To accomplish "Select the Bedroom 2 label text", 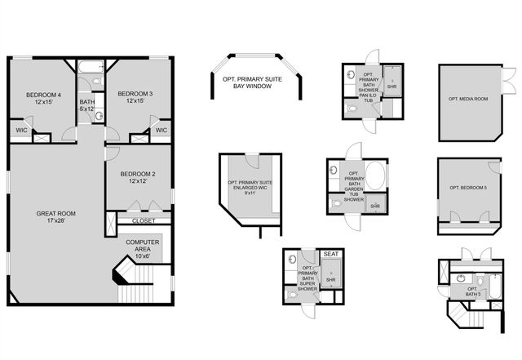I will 137,176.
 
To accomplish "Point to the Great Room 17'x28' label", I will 55,218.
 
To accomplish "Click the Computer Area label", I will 142,247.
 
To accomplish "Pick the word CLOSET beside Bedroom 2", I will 142,220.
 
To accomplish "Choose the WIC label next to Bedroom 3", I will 161,130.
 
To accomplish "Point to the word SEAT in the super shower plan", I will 331,255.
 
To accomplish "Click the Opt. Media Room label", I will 469,99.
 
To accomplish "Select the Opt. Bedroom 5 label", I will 469,189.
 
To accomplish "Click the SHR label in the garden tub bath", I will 375,207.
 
